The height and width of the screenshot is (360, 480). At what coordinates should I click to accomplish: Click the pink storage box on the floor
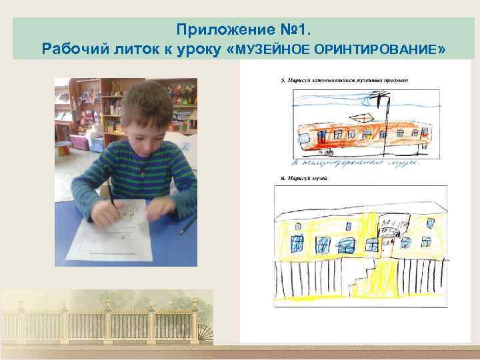(78, 141)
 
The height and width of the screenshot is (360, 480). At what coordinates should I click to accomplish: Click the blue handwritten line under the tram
(353, 162)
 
